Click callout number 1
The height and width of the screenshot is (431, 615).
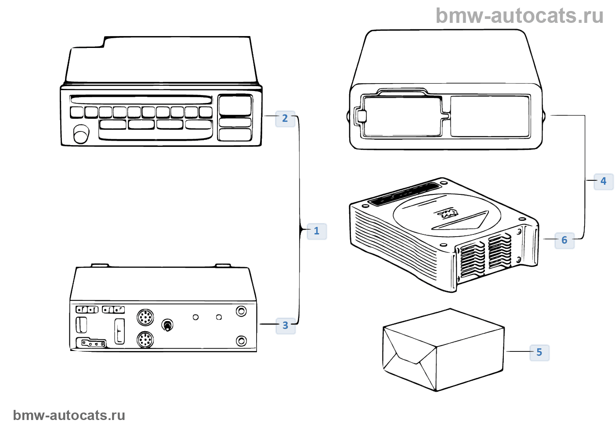pos(316,231)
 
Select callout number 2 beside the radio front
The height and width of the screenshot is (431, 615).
pos(285,118)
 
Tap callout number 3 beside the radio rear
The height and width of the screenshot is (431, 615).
pos(286,325)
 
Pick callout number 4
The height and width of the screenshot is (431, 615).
pos(603,181)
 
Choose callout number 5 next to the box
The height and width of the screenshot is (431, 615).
pos(539,352)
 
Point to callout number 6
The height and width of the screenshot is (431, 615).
pos(564,240)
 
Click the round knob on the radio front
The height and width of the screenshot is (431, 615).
pos(81,134)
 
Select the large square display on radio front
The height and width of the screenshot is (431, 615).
pos(235,105)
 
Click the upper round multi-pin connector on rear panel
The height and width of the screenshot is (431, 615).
pos(145,317)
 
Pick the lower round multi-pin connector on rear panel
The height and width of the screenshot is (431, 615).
pos(145,340)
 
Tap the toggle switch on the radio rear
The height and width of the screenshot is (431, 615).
pos(167,325)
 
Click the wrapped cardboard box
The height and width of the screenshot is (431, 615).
pos(443,350)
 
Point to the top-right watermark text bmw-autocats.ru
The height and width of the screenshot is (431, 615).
pos(520,16)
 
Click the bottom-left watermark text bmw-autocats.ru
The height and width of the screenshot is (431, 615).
pos(69,415)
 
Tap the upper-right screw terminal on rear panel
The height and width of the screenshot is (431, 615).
pos(241,311)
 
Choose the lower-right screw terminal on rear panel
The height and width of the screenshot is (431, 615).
pos(241,341)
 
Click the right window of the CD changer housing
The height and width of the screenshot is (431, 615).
pos(490,116)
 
